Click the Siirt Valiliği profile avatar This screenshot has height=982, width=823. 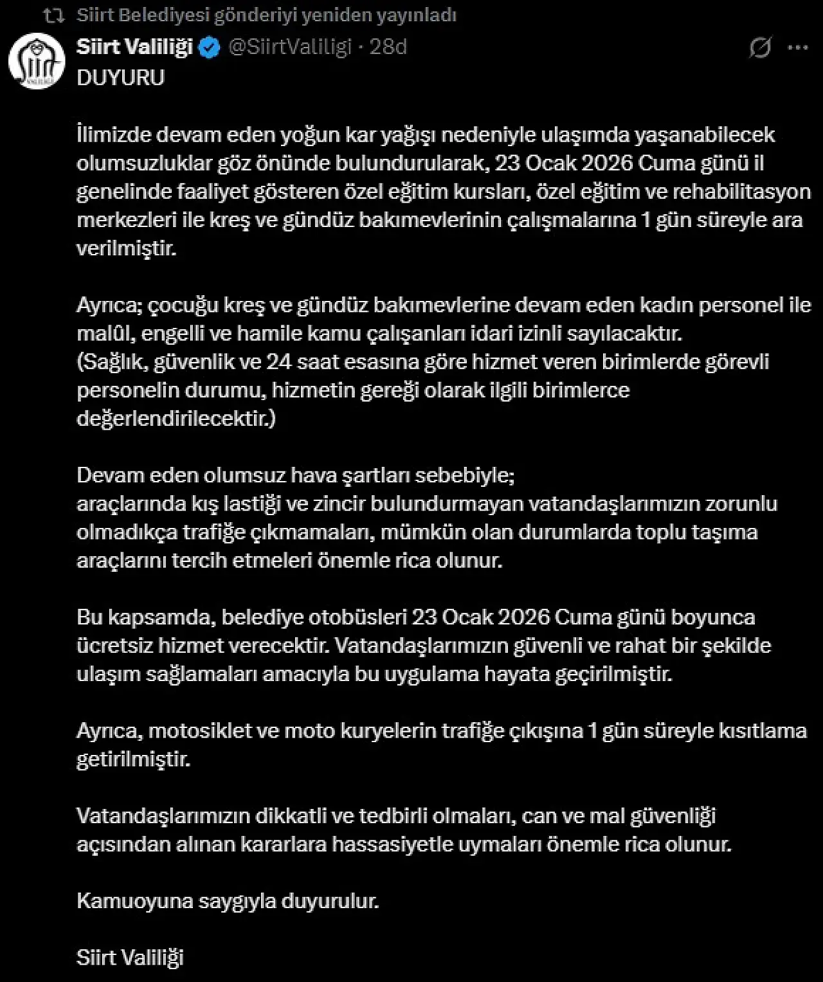pos(37,61)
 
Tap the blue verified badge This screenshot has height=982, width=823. pos(210,48)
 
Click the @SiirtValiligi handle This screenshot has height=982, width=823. pos(290,47)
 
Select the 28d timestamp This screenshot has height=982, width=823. pos(388,47)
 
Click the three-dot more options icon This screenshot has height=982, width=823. pos(798,48)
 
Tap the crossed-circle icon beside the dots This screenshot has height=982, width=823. pos(760,48)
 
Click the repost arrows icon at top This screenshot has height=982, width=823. pos(53,15)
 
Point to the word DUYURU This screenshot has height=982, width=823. pos(120,78)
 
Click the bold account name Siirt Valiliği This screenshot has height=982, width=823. pos(134,47)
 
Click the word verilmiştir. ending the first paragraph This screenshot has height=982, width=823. pos(126,248)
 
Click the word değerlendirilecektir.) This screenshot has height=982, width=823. pos(176,419)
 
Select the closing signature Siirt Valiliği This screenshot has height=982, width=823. pos(130,958)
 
